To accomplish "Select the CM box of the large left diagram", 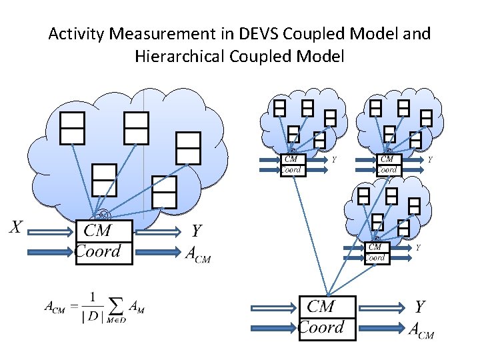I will pos(104,231).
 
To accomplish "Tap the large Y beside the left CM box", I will pos(197,231).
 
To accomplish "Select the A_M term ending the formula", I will pos(137,307).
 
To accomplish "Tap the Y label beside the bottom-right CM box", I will pos(419,307).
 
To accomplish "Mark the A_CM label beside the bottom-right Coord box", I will pos(421,329).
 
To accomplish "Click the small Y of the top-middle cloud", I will pos(334,160).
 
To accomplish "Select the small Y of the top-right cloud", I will pos(430,160).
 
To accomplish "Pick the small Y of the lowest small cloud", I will pos(418,248).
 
